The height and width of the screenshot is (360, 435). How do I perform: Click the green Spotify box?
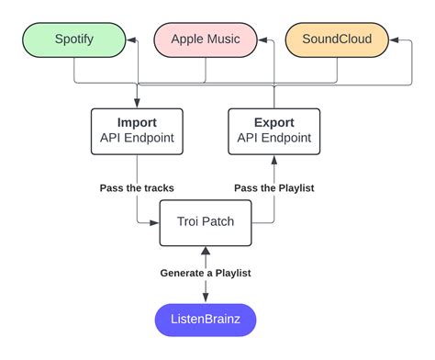pyautogui.click(x=73, y=39)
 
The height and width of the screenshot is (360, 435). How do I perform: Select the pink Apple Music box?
pyautogui.click(x=205, y=39)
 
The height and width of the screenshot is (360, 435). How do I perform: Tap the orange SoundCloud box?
pyautogui.click(x=335, y=39)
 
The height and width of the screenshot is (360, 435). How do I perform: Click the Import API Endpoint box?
pyautogui.click(x=136, y=130)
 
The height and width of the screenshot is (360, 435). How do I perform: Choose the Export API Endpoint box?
pyautogui.click(x=273, y=130)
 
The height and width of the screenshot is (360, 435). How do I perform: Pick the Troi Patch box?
pyautogui.click(x=205, y=222)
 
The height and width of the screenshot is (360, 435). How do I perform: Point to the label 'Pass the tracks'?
pyautogui.click(x=137, y=187)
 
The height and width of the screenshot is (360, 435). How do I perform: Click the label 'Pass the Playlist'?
pyautogui.click(x=273, y=187)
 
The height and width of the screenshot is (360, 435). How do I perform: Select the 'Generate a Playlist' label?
pyautogui.click(x=205, y=273)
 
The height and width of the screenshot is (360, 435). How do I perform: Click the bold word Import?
pyautogui.click(x=136, y=122)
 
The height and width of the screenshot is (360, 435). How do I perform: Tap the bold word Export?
pyautogui.click(x=273, y=122)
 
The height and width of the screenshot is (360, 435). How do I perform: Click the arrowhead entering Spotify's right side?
pyautogui.click(x=131, y=39)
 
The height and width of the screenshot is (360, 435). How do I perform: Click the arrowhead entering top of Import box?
pyautogui.click(x=136, y=104)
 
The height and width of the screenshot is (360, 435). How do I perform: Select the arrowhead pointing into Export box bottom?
pyautogui.click(x=273, y=158)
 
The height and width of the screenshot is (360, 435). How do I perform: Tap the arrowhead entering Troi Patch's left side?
pyautogui.click(x=155, y=222)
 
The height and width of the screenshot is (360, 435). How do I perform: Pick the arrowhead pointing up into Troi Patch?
pyautogui.click(x=205, y=251)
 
